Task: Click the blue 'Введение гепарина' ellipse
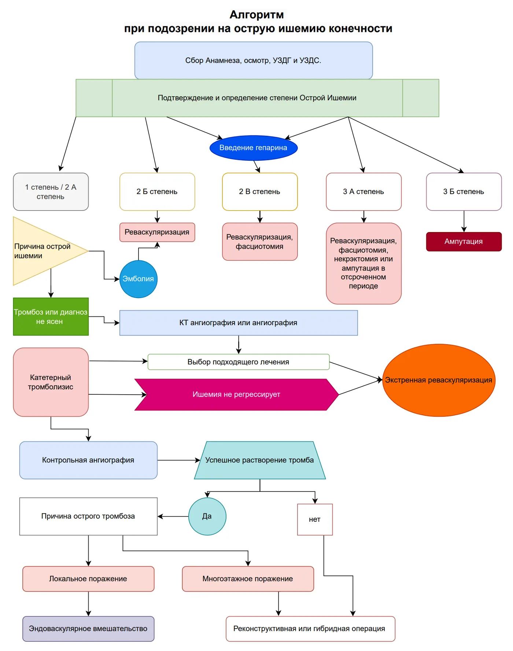click(x=254, y=148)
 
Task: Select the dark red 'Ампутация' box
click(x=464, y=242)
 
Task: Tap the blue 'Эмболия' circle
click(x=139, y=279)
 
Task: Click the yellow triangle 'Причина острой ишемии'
click(x=44, y=251)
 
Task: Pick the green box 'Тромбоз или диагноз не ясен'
click(x=51, y=317)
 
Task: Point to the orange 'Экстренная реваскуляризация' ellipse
click(x=439, y=380)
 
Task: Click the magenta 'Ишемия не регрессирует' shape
click(x=237, y=395)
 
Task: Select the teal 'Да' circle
click(x=207, y=516)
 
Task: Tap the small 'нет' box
click(x=315, y=520)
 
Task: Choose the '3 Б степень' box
click(x=464, y=192)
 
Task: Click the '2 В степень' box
click(x=260, y=192)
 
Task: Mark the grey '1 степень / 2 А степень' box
click(x=51, y=192)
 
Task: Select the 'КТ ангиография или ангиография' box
click(x=239, y=323)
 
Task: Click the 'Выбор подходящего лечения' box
click(x=239, y=362)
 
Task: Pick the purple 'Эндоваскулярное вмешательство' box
click(x=88, y=629)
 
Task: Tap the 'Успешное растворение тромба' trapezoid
click(x=260, y=460)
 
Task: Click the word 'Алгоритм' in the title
click(x=257, y=15)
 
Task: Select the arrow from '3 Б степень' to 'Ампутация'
click(x=464, y=221)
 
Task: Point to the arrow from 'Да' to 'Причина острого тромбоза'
click(x=173, y=517)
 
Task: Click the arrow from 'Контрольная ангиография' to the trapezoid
click(x=179, y=460)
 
